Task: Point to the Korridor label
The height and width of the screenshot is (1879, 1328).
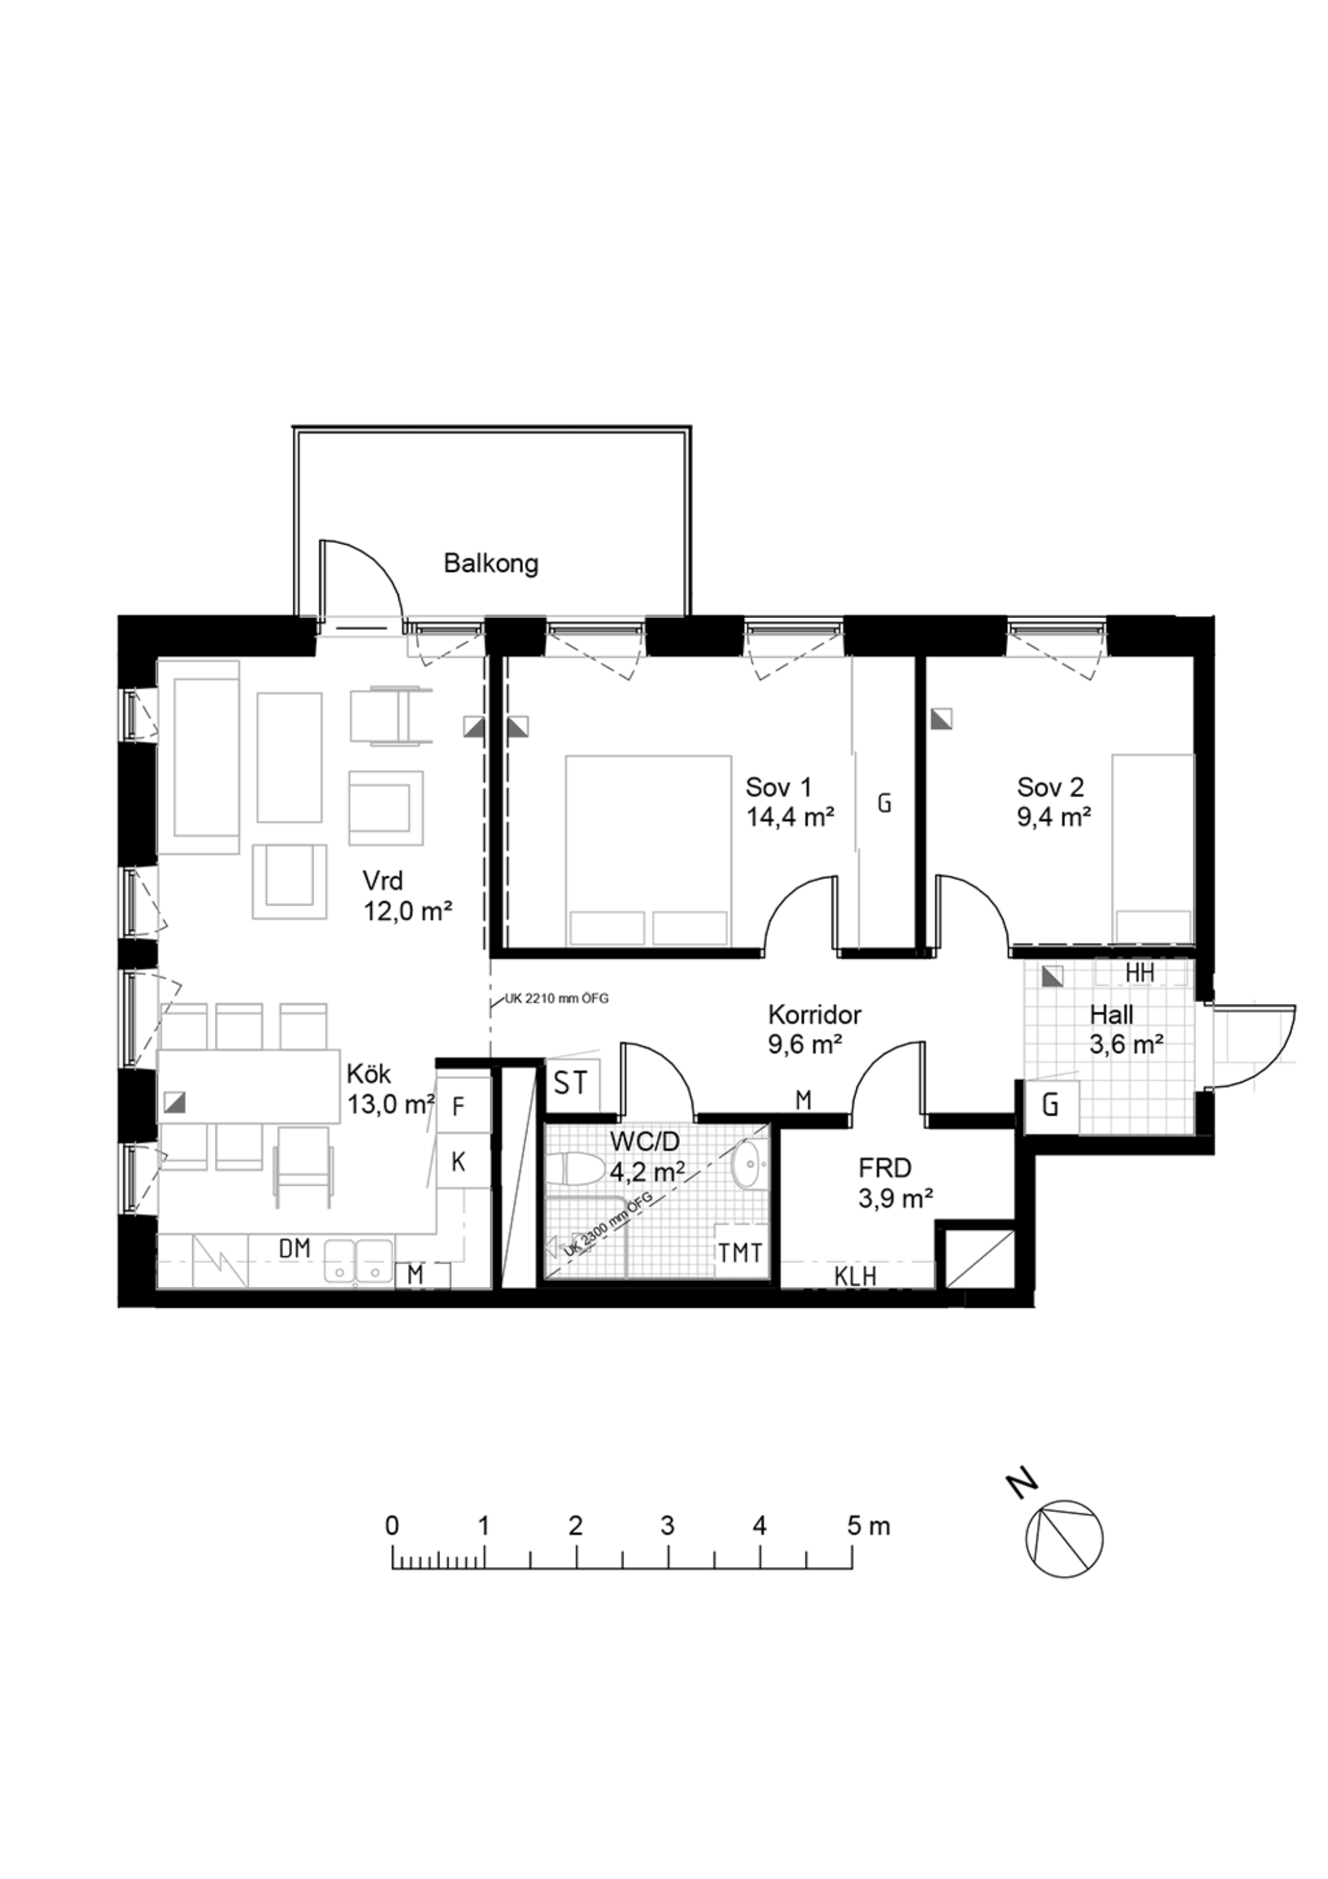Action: tap(814, 1015)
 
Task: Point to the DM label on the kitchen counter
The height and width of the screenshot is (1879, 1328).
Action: tap(295, 1249)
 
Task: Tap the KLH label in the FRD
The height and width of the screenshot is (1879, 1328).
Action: tap(855, 1276)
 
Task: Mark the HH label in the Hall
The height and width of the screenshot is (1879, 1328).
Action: tap(1140, 974)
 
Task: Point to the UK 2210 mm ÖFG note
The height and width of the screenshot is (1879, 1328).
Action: tap(551, 998)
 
